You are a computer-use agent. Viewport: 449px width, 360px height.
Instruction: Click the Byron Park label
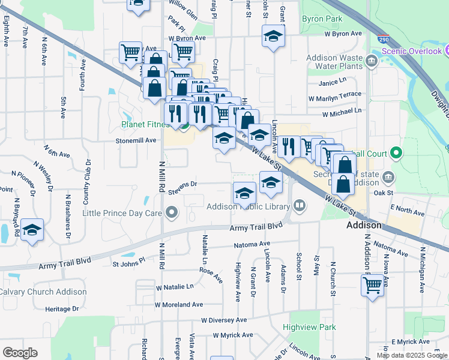(322, 19)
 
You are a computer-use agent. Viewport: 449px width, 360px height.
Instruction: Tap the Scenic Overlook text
(415, 51)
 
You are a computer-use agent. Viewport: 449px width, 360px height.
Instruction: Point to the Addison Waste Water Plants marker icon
(371, 61)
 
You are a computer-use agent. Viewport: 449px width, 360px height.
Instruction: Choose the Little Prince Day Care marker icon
(173, 212)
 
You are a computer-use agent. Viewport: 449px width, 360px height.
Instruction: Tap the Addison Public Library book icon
(299, 206)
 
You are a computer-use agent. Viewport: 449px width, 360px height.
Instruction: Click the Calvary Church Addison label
(43, 292)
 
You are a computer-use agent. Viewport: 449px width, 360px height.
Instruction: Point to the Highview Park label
(310, 328)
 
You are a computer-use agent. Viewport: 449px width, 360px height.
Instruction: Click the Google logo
(20, 353)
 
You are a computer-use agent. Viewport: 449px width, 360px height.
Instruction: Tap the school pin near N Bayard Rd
(32, 230)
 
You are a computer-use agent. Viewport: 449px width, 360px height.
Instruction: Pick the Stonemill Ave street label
(136, 140)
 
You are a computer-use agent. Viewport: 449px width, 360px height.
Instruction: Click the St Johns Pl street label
(129, 263)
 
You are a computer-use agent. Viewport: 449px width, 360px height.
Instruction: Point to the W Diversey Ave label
(224, 320)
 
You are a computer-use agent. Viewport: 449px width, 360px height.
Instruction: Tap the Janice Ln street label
(333, 82)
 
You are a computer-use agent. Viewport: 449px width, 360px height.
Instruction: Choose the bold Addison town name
(364, 225)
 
